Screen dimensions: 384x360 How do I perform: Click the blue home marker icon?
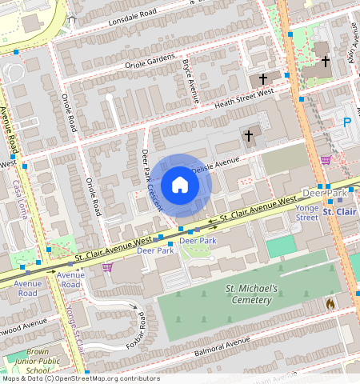point(180,185)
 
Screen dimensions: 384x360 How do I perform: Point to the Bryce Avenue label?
point(190,80)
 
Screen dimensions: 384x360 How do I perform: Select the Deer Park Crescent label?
point(150,180)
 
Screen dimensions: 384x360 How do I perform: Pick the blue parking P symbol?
point(346,122)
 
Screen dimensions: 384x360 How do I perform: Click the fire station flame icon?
point(330,303)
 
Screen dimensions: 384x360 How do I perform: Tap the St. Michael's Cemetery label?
point(251,294)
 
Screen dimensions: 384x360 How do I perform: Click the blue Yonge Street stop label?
point(307,211)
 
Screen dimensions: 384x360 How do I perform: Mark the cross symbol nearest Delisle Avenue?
point(249,136)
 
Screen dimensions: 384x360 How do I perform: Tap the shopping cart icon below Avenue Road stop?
point(106,267)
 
